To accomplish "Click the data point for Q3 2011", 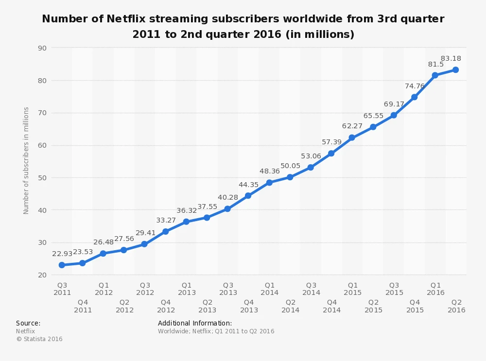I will [x=62, y=265].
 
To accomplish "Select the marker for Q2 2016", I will [x=455, y=69].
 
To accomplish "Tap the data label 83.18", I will [x=451, y=59].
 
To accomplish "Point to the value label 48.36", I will [x=270, y=172].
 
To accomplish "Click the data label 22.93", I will [x=62, y=254].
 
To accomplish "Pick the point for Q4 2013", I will [x=248, y=196].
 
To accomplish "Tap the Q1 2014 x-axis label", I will [x=269, y=289].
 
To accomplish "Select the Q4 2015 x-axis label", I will [x=415, y=306].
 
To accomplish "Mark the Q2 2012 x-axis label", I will [x=124, y=306].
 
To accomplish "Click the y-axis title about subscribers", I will [x=26, y=160].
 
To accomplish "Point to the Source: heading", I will [x=28, y=323].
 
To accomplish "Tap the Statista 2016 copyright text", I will [x=39, y=339].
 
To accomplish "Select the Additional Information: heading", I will [x=195, y=323].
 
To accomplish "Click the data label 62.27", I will [x=352, y=126].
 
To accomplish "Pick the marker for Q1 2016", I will [x=435, y=75].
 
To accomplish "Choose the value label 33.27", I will [x=166, y=221].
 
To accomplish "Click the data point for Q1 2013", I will [x=186, y=222].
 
